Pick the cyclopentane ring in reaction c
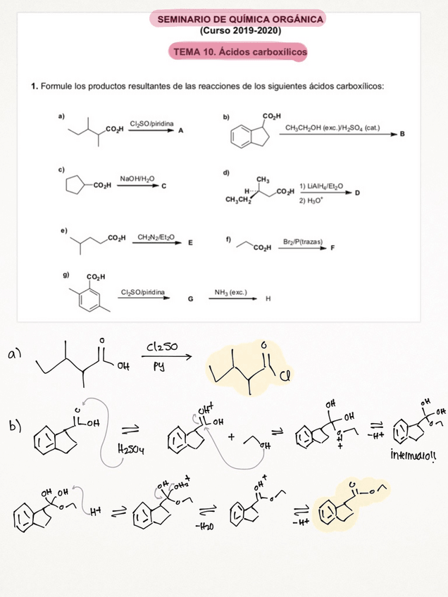tap(74, 186)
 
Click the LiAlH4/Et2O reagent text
tap(321, 185)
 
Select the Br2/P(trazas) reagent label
tap(304, 241)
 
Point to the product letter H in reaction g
tap(268, 298)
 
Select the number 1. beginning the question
tap(35, 87)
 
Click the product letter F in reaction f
tap(332, 249)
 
